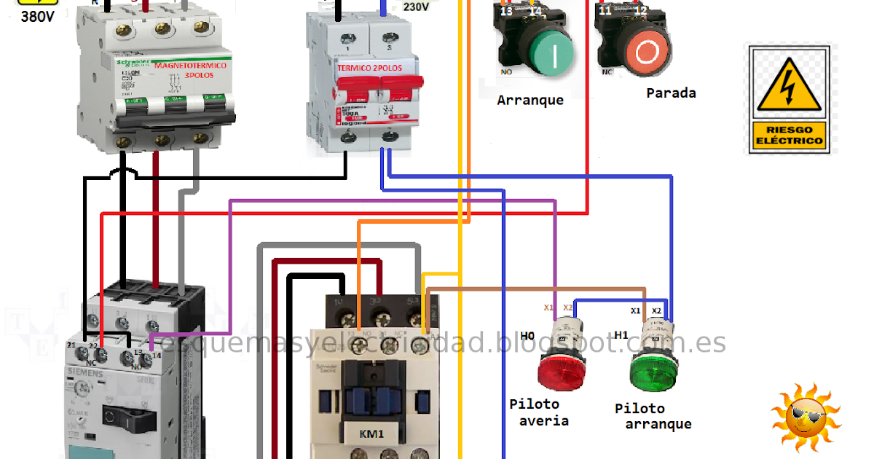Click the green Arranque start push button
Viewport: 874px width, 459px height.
click(551, 53)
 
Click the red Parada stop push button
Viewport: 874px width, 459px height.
click(646, 53)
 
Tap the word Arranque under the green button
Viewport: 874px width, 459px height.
click(530, 101)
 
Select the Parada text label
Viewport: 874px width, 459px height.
click(671, 93)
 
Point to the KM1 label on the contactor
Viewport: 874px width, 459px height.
click(371, 434)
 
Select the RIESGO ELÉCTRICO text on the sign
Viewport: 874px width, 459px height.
click(789, 136)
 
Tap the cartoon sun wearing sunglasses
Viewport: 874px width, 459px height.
click(805, 419)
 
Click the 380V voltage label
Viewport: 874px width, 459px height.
click(37, 16)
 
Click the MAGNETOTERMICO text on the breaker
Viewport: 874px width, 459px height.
click(190, 66)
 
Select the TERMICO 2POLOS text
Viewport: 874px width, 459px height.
click(369, 68)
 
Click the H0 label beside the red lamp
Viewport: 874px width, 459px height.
click(527, 335)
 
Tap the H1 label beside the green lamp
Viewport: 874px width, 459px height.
click(621, 335)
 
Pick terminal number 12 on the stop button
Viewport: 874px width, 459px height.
click(640, 11)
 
